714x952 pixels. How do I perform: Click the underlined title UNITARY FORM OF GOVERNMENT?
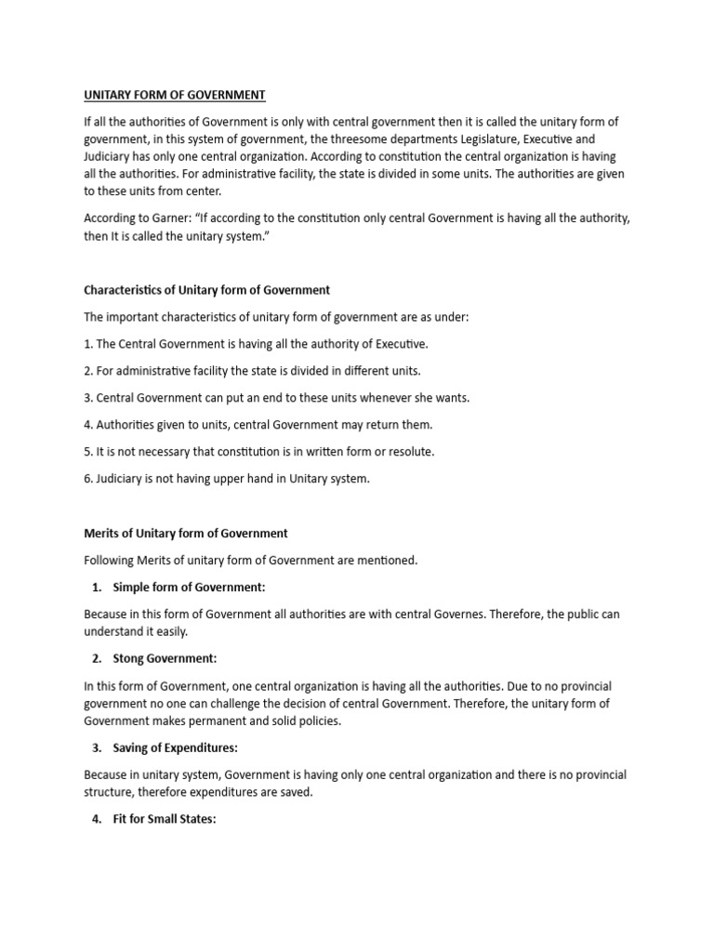pyautogui.click(x=175, y=95)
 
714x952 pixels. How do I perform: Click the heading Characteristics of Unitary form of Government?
pyautogui.click(x=206, y=290)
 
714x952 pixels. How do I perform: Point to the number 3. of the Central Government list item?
pyautogui.click(x=88, y=398)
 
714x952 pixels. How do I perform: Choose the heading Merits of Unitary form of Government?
pyautogui.click(x=186, y=533)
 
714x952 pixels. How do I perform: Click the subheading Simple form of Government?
pyautogui.click(x=189, y=588)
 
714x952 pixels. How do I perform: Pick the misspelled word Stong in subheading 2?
pyautogui.click(x=129, y=658)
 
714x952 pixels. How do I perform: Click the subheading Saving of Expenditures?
pyautogui.click(x=176, y=747)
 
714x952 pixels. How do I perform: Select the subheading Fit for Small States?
pyautogui.click(x=164, y=820)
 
